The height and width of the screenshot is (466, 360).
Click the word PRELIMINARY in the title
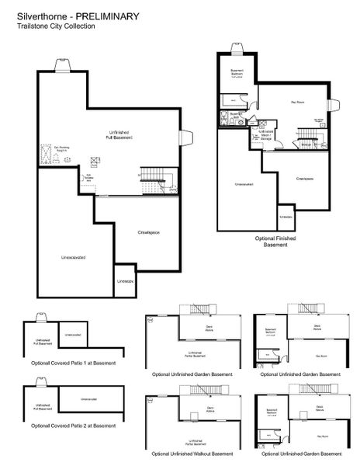[109, 15]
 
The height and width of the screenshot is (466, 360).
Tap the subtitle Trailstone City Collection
[56, 26]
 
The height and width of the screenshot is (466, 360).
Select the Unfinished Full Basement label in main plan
[120, 134]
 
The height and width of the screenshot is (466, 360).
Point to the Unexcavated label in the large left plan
[73, 256]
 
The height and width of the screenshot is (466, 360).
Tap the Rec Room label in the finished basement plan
[297, 102]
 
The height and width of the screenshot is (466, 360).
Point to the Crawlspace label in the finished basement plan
[304, 179]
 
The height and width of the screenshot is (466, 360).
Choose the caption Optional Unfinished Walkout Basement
[192, 453]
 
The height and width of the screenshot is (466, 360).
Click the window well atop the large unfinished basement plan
[61, 66]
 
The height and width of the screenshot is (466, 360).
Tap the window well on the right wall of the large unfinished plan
[187, 137]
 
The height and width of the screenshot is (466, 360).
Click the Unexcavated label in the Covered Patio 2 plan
[88, 400]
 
